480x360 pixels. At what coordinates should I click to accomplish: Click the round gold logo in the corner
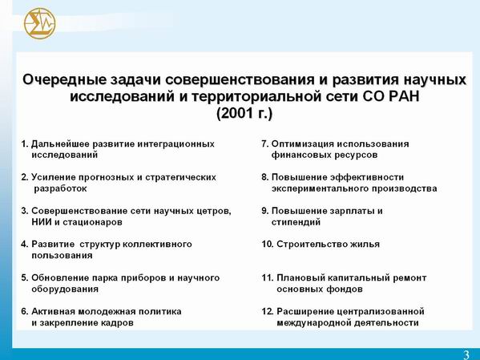pyautogui.click(x=40, y=23)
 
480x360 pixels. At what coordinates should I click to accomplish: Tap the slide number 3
pyautogui.click(x=466, y=354)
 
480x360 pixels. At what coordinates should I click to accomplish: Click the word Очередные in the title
pyautogui.click(x=63, y=80)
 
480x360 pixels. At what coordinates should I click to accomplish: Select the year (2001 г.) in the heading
pyautogui.click(x=244, y=113)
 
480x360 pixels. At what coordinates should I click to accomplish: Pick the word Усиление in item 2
pyautogui.click(x=54, y=177)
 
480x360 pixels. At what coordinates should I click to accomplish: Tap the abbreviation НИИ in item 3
pyautogui.click(x=42, y=222)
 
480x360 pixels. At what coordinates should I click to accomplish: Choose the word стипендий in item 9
pyautogui.click(x=296, y=222)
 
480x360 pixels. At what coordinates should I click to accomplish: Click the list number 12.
pyautogui.click(x=267, y=312)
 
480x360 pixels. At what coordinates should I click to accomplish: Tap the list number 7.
pyautogui.click(x=265, y=144)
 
